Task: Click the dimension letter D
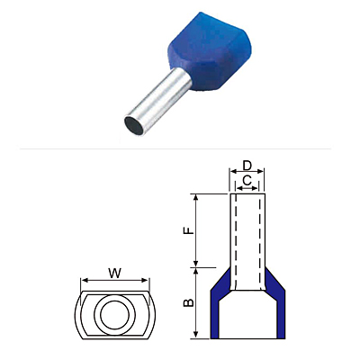point(247,166)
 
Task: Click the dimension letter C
point(247,181)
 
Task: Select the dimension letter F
point(189,230)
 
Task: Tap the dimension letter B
point(189,303)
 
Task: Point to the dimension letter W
point(115,273)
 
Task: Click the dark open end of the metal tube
point(133,125)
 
